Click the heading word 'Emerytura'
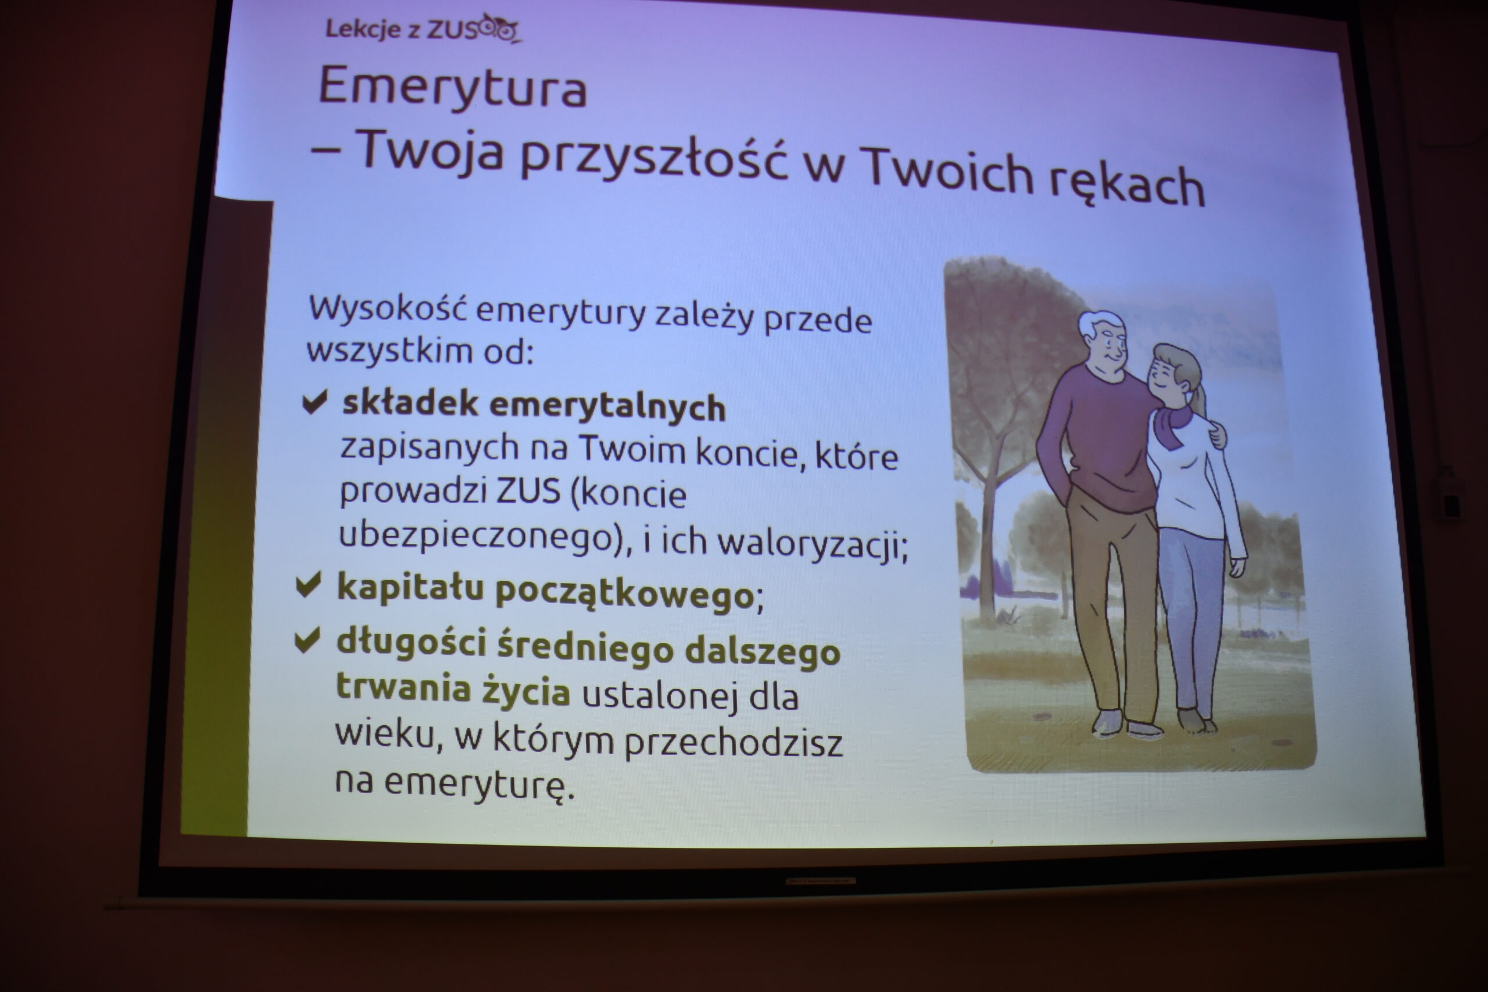click(453, 87)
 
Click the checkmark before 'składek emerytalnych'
click(314, 402)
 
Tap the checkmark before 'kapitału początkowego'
click(309, 585)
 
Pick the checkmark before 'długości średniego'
click(307, 640)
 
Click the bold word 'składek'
click(410, 402)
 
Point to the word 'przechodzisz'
click(733, 743)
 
